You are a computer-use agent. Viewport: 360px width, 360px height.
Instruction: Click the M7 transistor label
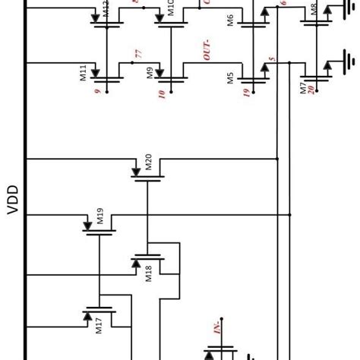(x=302, y=86)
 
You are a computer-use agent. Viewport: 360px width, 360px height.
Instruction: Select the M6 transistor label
(x=230, y=19)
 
